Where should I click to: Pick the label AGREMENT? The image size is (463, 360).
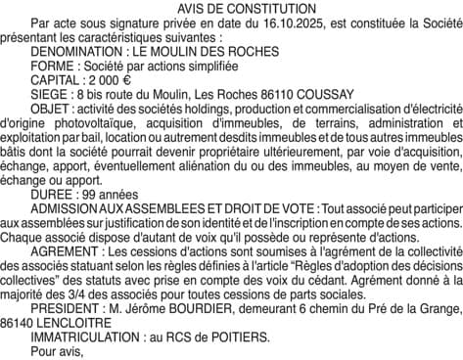68,251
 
